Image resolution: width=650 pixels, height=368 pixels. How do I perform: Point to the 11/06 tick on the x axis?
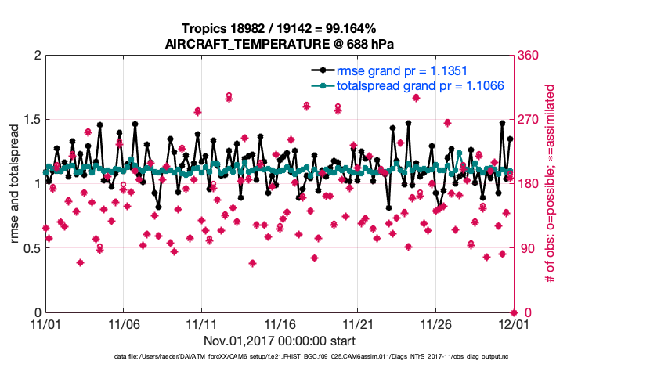tap(123, 323)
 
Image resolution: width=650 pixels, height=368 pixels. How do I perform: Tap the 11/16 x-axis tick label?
tap(280, 323)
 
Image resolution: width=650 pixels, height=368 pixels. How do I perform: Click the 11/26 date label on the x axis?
tap(435, 323)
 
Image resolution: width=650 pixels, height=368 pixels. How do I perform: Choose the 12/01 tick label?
tap(513, 323)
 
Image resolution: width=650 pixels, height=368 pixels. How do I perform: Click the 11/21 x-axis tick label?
tap(358, 323)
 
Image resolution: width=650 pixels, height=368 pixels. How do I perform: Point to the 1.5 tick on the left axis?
tap(31, 120)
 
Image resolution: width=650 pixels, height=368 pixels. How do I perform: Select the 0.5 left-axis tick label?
tap(31, 248)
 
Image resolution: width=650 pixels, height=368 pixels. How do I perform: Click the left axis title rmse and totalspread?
tap(15, 184)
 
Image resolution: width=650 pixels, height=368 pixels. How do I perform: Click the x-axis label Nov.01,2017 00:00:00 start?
tap(280, 341)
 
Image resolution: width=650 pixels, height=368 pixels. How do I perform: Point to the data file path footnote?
tap(278, 357)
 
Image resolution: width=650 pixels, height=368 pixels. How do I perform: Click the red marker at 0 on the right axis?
tap(513, 312)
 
